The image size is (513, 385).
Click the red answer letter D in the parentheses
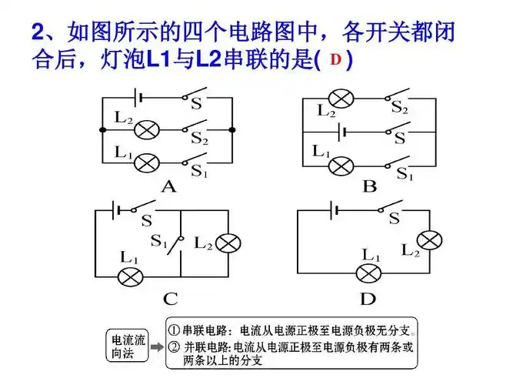[x=335, y=59]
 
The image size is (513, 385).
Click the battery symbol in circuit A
[x=136, y=98]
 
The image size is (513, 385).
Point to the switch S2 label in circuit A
[x=199, y=139]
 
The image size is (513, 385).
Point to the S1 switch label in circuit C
[x=159, y=243]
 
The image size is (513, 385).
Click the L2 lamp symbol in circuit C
[x=228, y=244]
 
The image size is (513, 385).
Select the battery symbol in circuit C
[x=115, y=209]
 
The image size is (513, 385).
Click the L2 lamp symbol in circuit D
[x=431, y=240]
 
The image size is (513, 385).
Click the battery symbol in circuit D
[x=333, y=209]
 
